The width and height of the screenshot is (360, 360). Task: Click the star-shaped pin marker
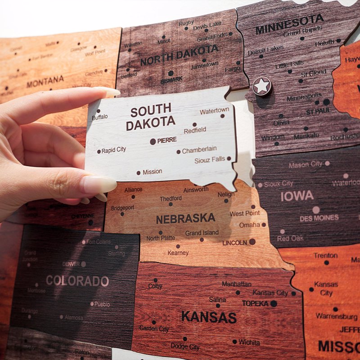pos(262,85)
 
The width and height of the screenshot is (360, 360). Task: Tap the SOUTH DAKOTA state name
pos(151,116)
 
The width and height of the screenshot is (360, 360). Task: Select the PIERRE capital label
pos(167,140)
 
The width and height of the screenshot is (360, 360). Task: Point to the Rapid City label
pos(114,150)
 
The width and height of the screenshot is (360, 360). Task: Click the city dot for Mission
pos(139,173)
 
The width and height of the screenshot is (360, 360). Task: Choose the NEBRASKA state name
pos(185,219)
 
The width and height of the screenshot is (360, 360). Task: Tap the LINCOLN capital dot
pos(252,242)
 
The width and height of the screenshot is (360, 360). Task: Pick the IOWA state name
pos(297,196)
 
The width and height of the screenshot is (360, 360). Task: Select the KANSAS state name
pos(209,317)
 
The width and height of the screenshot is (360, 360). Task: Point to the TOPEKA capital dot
pos(274,304)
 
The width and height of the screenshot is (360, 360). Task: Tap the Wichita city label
pos(249,342)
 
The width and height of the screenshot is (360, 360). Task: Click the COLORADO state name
pos(77,281)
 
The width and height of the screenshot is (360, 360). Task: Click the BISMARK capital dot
pos(171,73)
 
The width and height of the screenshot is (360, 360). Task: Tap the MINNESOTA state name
pos(289,24)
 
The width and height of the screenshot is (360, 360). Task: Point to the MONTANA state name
pos(45,81)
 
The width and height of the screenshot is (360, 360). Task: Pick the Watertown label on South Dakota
pos(214,110)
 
